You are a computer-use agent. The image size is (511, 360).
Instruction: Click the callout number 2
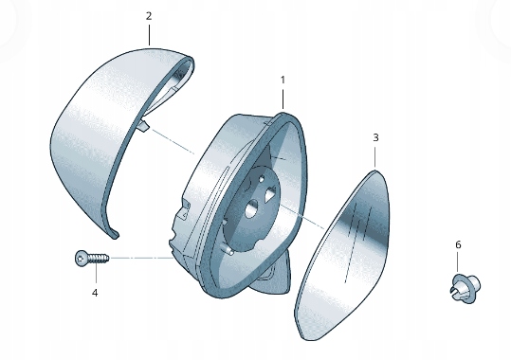(149, 16)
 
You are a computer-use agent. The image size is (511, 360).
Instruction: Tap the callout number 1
(283, 80)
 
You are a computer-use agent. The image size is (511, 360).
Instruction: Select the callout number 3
(375, 137)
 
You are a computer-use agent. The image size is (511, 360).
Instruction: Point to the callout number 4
(95, 294)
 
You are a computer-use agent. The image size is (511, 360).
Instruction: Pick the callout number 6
(458, 244)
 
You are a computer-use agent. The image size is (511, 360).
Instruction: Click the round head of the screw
(81, 259)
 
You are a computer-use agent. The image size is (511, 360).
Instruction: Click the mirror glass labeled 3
(342, 256)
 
